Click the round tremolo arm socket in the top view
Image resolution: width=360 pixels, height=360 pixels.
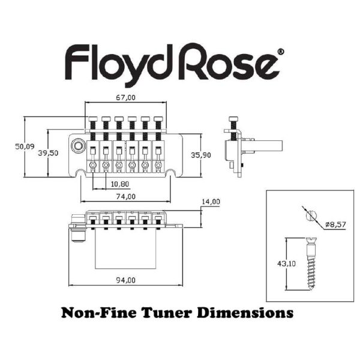(x=78, y=146)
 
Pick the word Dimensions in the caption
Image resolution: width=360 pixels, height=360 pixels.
(x=245, y=313)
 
